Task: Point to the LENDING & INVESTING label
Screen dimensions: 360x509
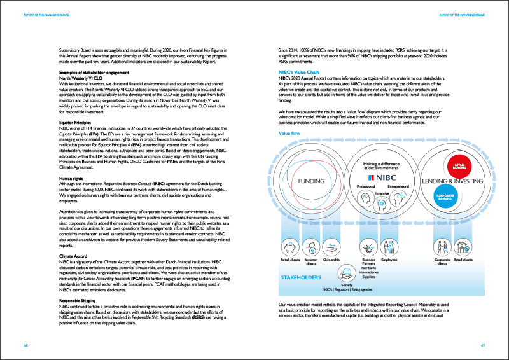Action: (452, 181)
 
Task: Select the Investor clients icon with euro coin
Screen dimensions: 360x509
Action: (312, 246)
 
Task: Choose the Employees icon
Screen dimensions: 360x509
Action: (389, 246)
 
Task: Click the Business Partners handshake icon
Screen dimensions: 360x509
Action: (368, 246)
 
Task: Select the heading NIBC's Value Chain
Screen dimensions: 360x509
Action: (300, 73)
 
